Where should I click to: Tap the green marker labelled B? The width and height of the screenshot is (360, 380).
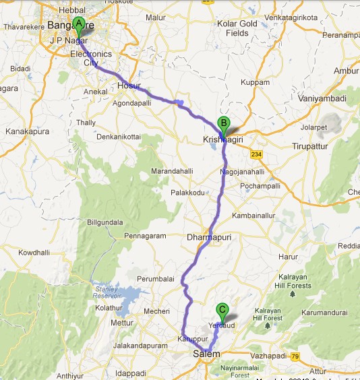[223, 124]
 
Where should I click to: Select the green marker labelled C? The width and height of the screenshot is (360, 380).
[222, 311]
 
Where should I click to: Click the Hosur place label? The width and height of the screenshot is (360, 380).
[129, 86]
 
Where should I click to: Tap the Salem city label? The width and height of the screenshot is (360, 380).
[207, 354]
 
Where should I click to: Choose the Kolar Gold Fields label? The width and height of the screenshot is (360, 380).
[237, 28]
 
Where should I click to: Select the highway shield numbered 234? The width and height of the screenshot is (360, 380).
[256, 154]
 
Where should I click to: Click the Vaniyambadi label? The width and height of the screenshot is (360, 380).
[323, 98]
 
